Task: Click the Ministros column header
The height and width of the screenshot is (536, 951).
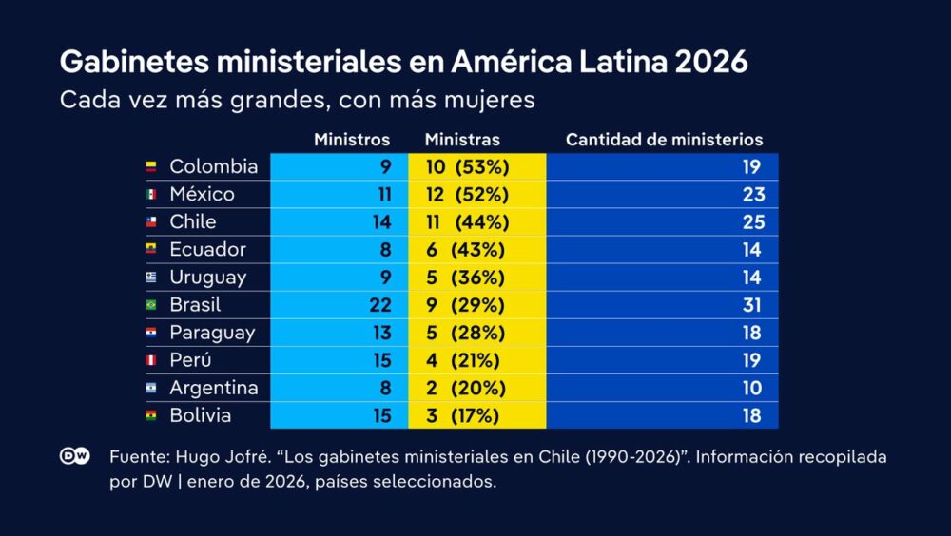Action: point(352,140)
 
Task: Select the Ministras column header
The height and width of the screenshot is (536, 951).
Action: point(462,140)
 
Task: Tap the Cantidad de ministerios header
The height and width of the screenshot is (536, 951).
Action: point(664,140)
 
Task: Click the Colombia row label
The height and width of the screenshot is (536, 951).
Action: point(213,166)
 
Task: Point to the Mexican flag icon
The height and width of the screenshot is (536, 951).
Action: point(150,195)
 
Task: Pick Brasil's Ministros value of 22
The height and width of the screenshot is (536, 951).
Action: point(378,305)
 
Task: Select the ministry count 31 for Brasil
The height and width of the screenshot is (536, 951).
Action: point(752,305)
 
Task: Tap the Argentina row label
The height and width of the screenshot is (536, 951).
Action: point(213,388)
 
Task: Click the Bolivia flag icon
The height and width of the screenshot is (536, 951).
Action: point(150,416)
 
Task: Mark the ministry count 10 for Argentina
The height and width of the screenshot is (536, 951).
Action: point(752,388)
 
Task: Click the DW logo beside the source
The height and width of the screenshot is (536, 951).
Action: point(75,456)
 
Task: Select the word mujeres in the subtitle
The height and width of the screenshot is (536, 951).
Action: point(495,99)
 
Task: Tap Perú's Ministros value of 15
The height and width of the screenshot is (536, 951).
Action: point(378,360)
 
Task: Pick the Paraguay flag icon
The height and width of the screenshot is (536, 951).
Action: point(150,334)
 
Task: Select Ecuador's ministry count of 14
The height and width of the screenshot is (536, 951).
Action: point(752,250)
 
